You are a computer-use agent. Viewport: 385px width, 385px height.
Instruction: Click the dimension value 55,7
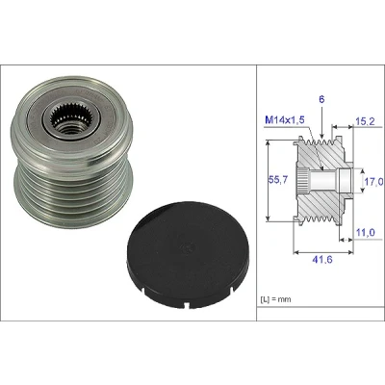click(x=277, y=180)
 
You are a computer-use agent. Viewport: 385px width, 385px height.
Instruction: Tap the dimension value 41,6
click(x=322, y=259)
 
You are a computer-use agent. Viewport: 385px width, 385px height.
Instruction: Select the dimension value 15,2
click(x=365, y=121)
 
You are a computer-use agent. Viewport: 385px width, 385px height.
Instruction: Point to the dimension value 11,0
click(x=366, y=232)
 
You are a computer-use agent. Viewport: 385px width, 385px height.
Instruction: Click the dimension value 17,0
click(x=374, y=182)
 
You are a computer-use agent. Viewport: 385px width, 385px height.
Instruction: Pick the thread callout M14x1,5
click(x=285, y=120)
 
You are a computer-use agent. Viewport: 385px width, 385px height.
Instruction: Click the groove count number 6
click(x=321, y=99)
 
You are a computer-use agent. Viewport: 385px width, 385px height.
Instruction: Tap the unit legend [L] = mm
click(x=275, y=299)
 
